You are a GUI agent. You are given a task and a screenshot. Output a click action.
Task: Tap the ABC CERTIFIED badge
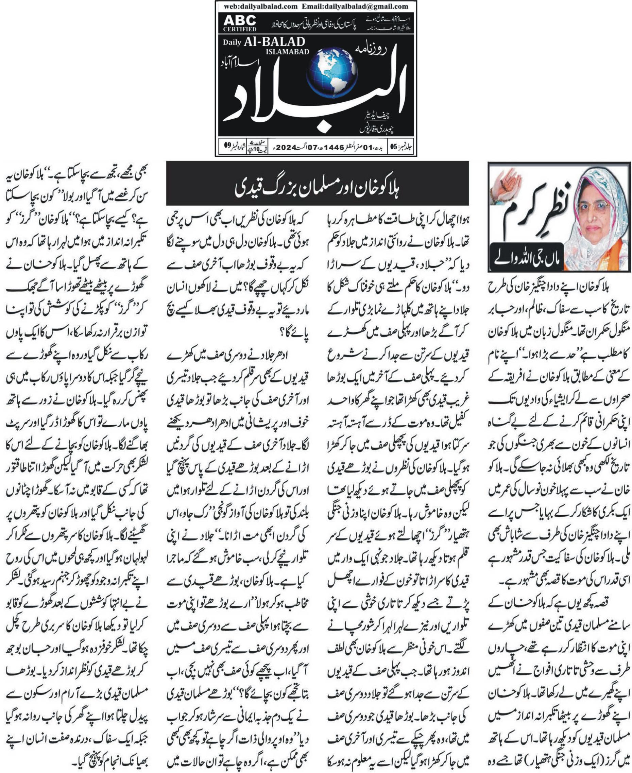point(240,23)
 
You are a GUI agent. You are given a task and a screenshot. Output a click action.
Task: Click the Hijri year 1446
point(334,148)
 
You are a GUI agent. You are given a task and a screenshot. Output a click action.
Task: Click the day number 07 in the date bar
point(312,148)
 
